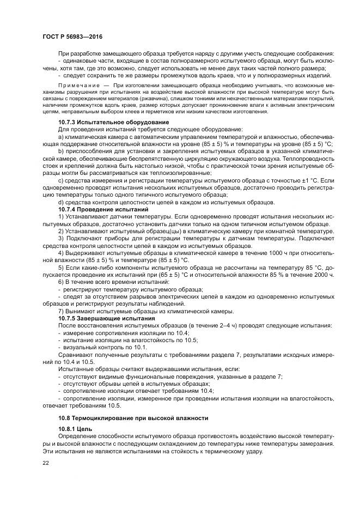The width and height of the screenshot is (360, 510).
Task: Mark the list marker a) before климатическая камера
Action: (x=60, y=137)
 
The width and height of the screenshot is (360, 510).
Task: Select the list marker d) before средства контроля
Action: (x=60, y=203)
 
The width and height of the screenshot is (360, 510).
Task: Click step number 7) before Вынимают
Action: (x=60, y=312)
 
